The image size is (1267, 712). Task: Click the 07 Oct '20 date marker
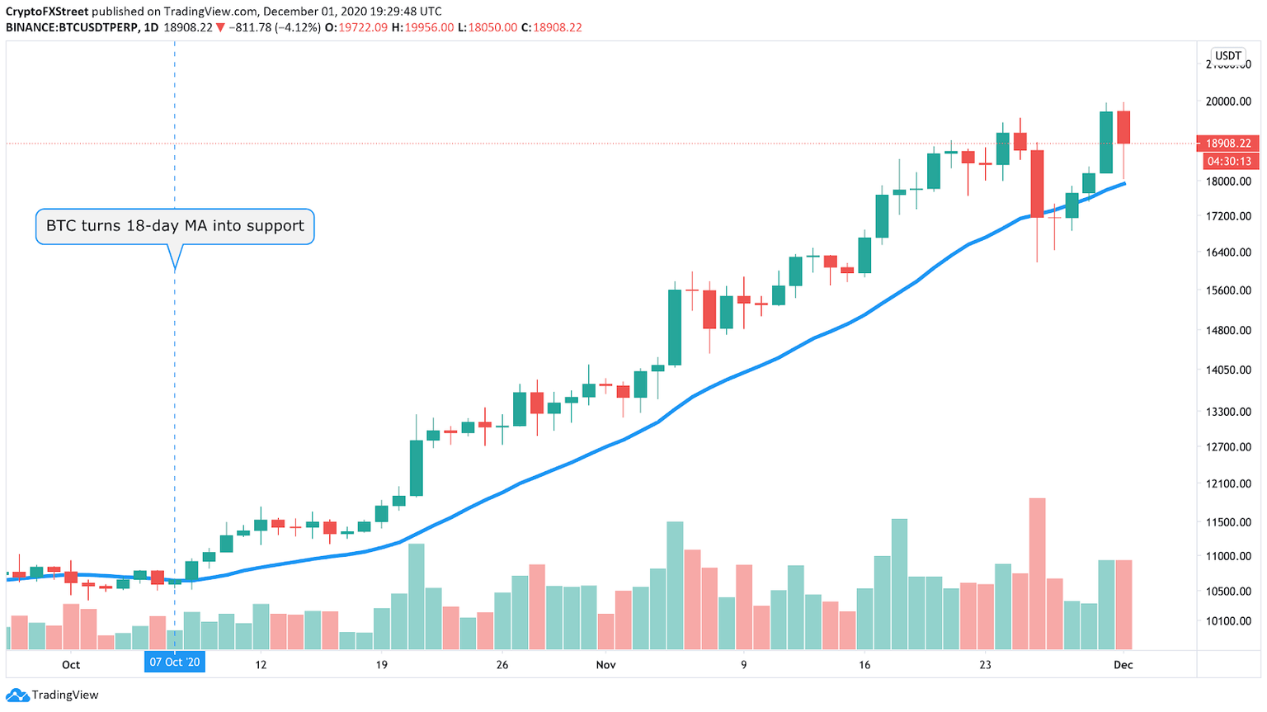174,662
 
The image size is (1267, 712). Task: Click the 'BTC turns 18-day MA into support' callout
175,226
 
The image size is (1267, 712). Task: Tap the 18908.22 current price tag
1228,144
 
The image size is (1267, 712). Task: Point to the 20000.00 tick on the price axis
1228,101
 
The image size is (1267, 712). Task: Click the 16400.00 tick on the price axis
1228,252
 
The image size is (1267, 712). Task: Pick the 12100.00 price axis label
1228,483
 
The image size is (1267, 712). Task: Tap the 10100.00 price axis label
1228,621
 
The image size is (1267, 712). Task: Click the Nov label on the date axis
605,665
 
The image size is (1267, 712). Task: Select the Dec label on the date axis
1123,665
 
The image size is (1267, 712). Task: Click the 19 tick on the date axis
381,665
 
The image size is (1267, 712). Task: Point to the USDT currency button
1227,56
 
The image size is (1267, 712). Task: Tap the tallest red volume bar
1037,573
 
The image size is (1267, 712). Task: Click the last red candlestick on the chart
1123,128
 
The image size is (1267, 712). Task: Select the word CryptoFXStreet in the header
47,12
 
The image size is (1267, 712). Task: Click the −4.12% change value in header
293,27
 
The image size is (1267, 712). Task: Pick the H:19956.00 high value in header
422,27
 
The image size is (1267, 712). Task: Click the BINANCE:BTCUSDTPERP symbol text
71,27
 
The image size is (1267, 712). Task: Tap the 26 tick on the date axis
502,665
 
